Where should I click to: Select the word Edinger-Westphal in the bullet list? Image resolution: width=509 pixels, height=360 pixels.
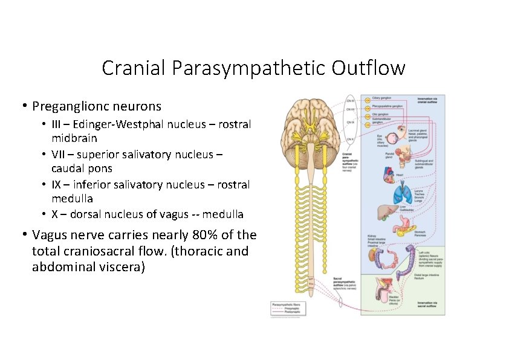(x=111, y=125)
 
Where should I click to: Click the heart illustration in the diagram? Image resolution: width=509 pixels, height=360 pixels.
(x=386, y=175)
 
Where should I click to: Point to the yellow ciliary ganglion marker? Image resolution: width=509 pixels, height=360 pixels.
(x=366, y=99)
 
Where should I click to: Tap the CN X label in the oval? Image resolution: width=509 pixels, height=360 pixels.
(x=351, y=139)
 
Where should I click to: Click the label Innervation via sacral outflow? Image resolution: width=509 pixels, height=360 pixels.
(x=430, y=304)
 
